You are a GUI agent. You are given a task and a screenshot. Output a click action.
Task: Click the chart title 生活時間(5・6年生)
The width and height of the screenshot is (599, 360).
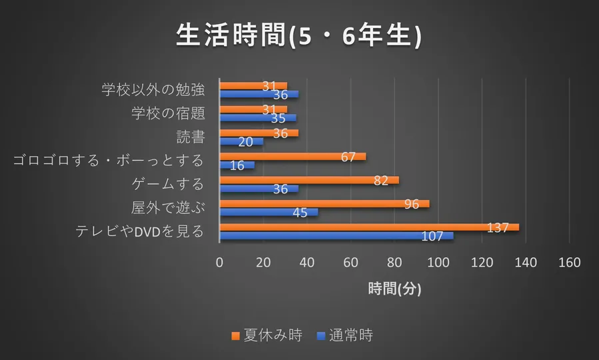299,36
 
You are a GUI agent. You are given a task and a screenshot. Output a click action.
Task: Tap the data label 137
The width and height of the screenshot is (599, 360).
498,227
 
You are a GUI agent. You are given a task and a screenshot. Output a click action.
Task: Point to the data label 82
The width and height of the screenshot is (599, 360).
380,180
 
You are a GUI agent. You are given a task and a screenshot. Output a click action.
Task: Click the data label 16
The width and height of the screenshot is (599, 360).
237,165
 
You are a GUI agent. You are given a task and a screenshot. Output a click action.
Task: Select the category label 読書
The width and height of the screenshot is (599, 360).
190,137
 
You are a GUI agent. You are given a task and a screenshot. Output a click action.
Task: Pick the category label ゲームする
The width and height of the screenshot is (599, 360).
168,184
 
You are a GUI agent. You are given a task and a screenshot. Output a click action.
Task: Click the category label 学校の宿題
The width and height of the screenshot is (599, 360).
167,113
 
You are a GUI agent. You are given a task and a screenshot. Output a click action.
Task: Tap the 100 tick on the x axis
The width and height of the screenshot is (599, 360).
438,263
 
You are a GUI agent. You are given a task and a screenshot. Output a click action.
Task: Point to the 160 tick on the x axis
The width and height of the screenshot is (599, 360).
569,263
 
